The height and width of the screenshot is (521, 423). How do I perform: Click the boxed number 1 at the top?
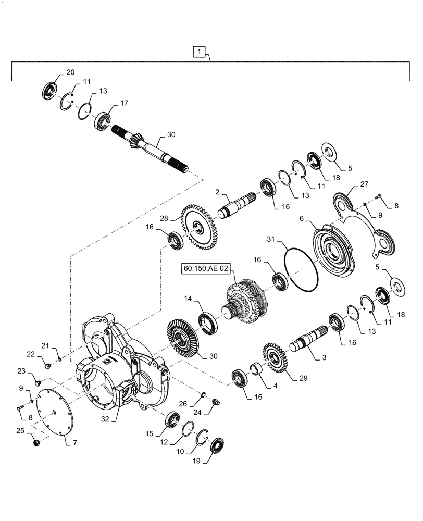pos(201,52)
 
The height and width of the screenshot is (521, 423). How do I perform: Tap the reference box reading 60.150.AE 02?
pos(205,269)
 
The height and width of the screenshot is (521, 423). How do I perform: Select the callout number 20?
pos(70,72)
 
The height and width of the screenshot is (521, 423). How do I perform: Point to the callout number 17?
pos(124,104)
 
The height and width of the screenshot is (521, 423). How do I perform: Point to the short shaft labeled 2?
pos(237,205)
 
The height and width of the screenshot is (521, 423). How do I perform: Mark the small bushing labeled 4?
pos(256,370)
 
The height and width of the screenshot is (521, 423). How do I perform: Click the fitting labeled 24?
pos(216,402)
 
